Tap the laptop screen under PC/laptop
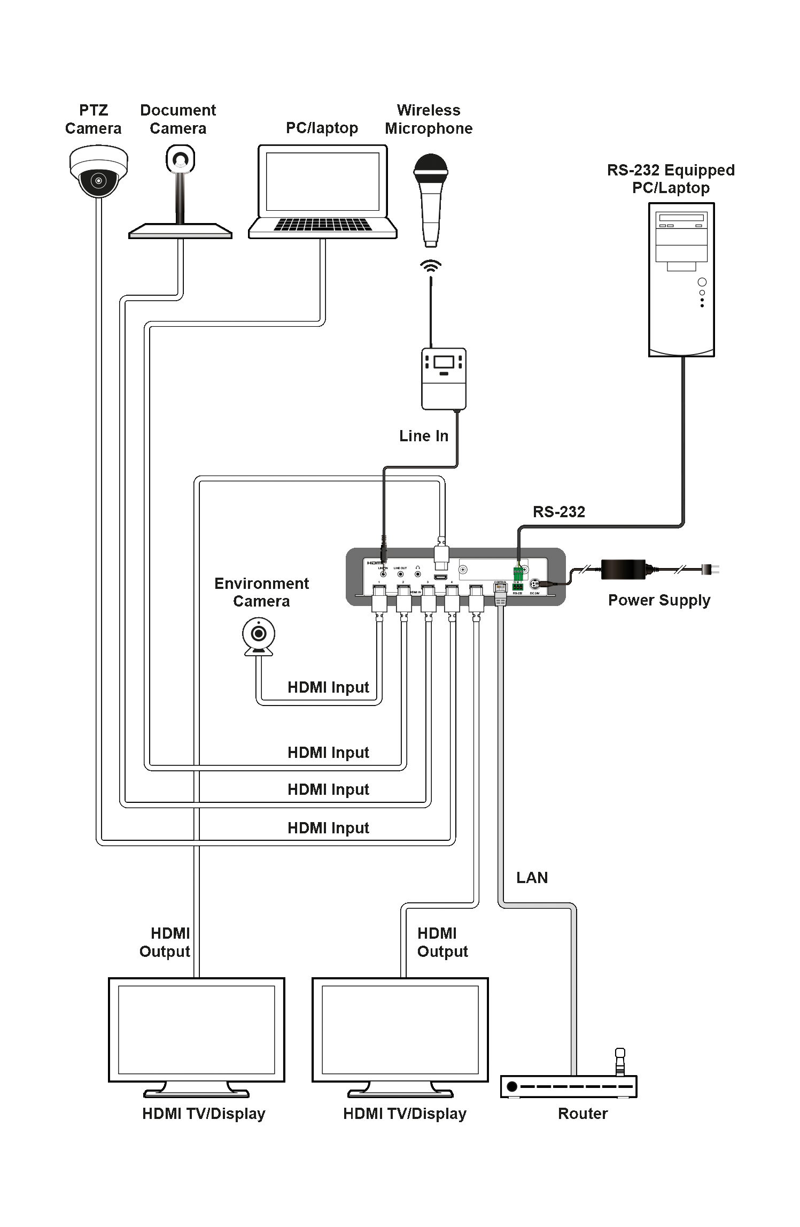[x=322, y=181]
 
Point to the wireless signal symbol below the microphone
[x=430, y=265]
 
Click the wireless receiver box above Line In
[x=444, y=378]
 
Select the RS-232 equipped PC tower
[x=681, y=279]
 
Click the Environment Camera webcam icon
[x=259, y=636]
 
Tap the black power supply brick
[x=623, y=569]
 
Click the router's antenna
[x=620, y=1062]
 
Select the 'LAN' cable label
[x=532, y=878]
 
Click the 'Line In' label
[x=423, y=436]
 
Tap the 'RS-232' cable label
[x=558, y=512]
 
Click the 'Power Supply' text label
[x=659, y=600]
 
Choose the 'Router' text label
[x=582, y=1114]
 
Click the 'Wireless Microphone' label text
[x=429, y=119]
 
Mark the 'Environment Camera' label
[x=261, y=592]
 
